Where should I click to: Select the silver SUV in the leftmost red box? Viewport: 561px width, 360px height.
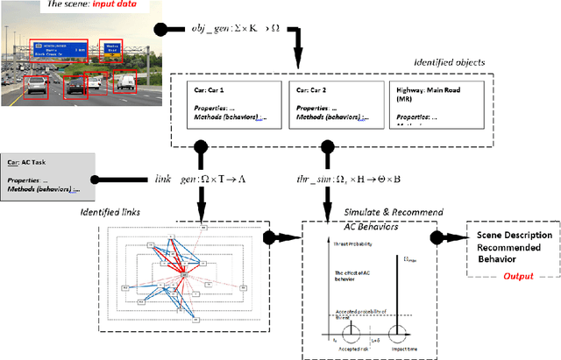pos(35,83)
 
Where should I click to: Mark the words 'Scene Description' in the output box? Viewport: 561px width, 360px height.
pos(515,236)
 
